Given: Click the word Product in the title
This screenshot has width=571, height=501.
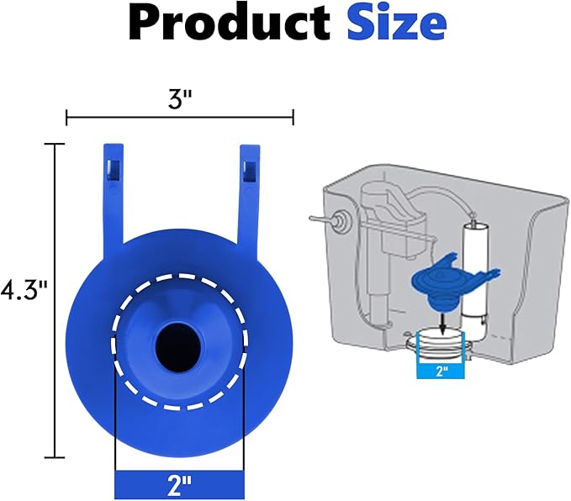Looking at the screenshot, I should click(230, 26).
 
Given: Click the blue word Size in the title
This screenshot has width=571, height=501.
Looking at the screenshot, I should click(396, 26).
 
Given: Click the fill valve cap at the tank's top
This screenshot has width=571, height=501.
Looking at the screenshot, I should click(374, 202).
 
